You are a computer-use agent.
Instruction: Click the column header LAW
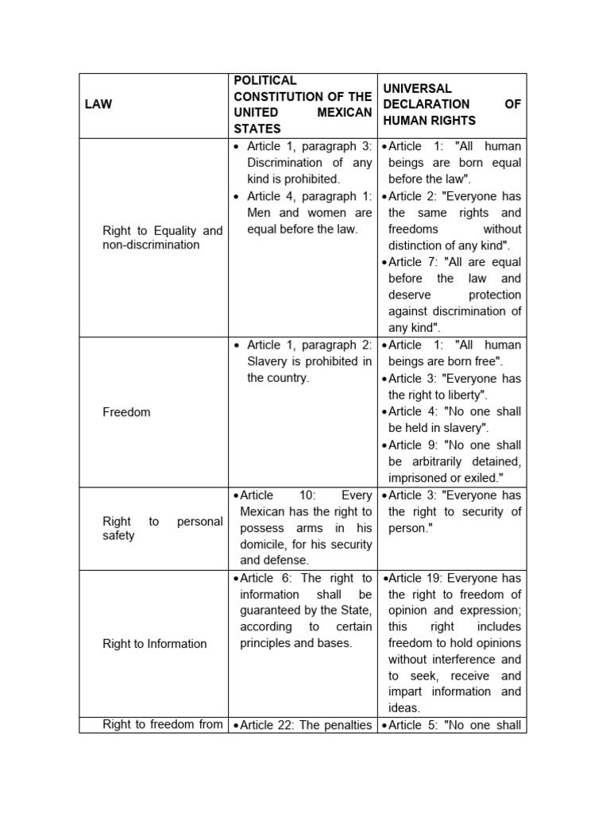pyautogui.click(x=99, y=105)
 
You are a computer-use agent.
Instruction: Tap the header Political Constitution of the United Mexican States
pyautogui.click(x=302, y=104)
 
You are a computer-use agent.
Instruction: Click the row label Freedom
pyautogui.click(x=126, y=412)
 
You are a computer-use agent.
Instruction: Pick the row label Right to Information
pyautogui.click(x=154, y=644)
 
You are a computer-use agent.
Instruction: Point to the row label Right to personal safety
pyautogui.click(x=162, y=529)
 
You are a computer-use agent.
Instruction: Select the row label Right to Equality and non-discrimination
pyautogui.click(x=162, y=237)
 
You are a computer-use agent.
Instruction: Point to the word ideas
pyautogui.click(x=403, y=708)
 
